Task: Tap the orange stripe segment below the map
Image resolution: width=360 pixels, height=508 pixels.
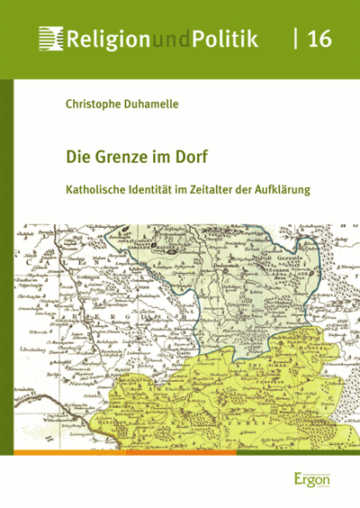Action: [117, 452]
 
